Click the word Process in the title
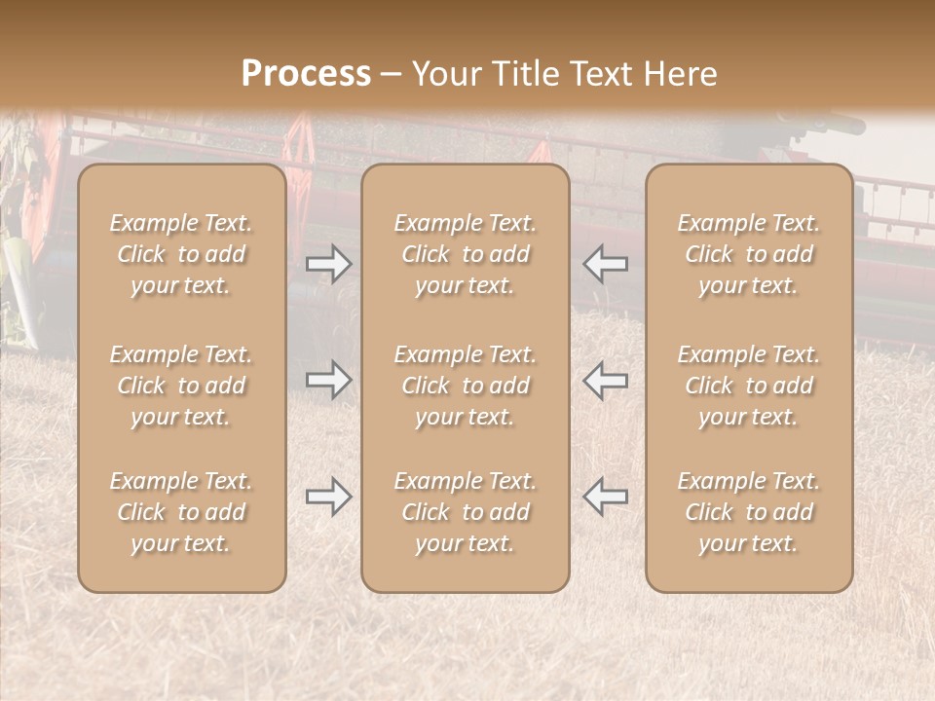pyautogui.click(x=306, y=74)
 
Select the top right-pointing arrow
pyautogui.click(x=329, y=263)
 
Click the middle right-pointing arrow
pyautogui.click(x=329, y=379)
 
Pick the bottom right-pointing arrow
pyautogui.click(x=329, y=497)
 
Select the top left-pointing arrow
pyautogui.click(x=605, y=263)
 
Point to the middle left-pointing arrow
pyautogui.click(x=605, y=379)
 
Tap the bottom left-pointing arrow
pyautogui.click(x=605, y=497)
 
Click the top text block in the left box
pyautogui.click(x=181, y=254)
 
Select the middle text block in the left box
pyautogui.click(x=181, y=386)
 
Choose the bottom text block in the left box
pyautogui.click(x=181, y=512)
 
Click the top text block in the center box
pyautogui.click(x=466, y=254)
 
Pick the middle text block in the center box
pyautogui.click(x=466, y=386)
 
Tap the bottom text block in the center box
pyautogui.click(x=466, y=512)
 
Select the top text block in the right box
pyautogui.click(x=749, y=254)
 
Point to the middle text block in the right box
pyautogui.click(x=749, y=386)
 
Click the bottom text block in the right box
pyautogui.click(x=749, y=512)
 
